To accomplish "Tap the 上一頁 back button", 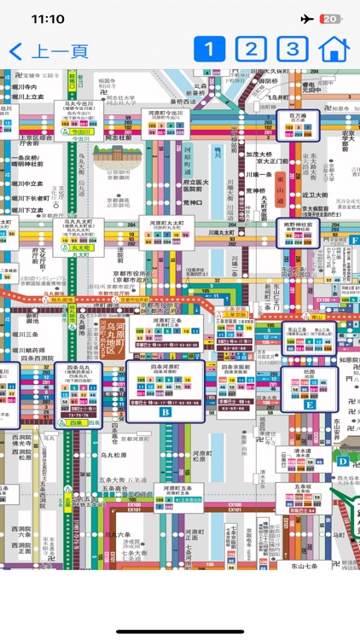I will (49, 50).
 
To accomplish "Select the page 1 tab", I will (209, 49).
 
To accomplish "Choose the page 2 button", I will (251, 49).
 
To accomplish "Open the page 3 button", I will (293, 49).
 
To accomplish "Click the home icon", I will (334, 49).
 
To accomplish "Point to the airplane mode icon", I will (306, 19).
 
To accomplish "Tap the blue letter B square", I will (165, 410).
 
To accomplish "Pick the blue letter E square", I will (310, 405).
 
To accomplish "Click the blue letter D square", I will (342, 461).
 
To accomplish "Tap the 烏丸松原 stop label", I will (113, 456).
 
